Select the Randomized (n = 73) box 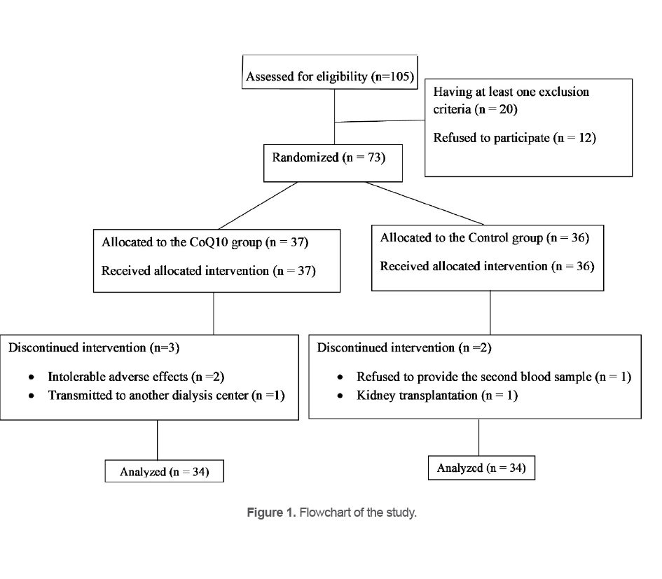(328, 158)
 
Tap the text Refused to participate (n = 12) (514, 138)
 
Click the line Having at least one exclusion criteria (511, 92)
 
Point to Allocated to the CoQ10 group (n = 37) (205, 243)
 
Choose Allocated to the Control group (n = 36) (484, 238)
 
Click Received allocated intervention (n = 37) (208, 270)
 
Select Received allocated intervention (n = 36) (487, 266)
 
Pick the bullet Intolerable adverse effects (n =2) (136, 377)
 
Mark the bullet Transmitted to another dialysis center (165, 396)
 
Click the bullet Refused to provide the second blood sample (493, 377)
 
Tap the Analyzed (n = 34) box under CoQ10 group (165, 472)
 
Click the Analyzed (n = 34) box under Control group (481, 468)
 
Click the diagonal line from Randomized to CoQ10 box (256, 205)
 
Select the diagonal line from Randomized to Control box (427, 202)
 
